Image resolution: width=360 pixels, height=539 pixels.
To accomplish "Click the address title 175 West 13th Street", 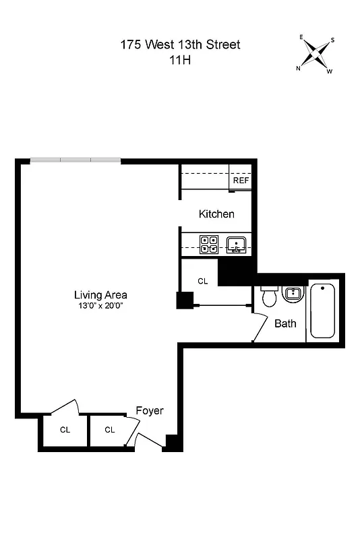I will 180,45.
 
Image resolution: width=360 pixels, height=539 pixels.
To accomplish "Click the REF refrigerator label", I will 241,181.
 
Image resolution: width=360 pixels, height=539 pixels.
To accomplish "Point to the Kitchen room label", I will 216,214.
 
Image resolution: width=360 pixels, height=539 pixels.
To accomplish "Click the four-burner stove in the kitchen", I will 208,243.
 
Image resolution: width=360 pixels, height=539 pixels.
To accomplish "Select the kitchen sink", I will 236,243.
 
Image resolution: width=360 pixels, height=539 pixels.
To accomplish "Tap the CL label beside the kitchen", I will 202,281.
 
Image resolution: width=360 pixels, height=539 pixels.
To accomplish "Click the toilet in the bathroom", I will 269,296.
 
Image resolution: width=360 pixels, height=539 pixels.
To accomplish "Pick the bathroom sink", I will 292,294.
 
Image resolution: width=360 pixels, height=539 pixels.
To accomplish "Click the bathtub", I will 322,311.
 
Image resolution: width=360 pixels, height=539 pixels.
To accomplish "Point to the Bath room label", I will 285,323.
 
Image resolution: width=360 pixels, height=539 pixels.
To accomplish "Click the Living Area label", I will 100,294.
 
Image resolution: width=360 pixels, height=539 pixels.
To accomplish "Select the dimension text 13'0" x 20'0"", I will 100,305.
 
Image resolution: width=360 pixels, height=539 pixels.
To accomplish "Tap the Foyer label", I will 150,410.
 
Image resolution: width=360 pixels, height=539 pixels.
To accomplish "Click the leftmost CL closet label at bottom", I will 65,429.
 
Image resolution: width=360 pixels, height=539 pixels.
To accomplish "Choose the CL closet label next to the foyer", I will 109,429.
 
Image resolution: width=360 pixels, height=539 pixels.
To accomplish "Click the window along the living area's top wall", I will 76,160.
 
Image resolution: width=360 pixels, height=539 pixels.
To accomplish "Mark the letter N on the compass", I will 298,68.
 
